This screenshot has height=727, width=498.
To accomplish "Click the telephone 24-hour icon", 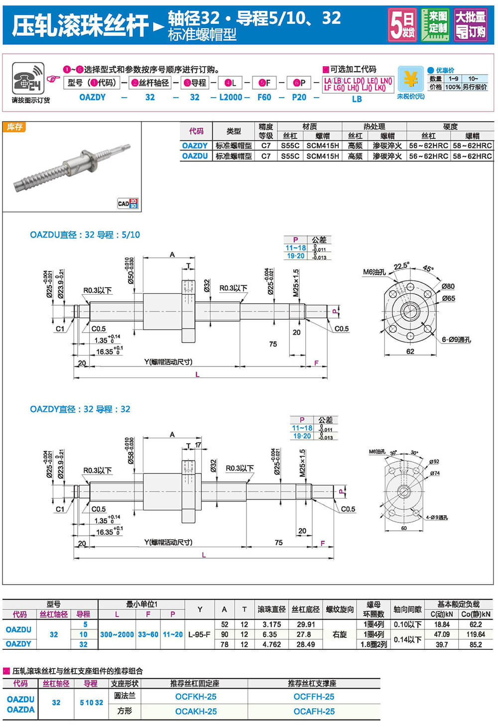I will pos(28,78).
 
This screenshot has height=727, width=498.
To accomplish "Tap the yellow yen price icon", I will pos(410,79).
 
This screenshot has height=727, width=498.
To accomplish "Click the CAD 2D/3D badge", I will pos(128,203).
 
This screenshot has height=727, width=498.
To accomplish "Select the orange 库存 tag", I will pos(14,127).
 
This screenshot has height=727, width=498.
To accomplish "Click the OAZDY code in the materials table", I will pos(195,145).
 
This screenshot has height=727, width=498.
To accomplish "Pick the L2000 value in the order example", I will pos(231,97).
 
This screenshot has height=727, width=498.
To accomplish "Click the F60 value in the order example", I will pos(264,97).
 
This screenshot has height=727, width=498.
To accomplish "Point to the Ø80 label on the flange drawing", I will pos(448,286).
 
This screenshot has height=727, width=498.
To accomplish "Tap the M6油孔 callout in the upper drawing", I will pos(374,272).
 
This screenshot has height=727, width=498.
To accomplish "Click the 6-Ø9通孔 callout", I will pos(456,340).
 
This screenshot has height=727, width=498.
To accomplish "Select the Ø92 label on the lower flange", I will pos(434,462).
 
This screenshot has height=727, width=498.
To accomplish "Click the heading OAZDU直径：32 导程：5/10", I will pos(85,235).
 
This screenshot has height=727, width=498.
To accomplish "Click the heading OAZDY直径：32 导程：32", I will pos(80,409).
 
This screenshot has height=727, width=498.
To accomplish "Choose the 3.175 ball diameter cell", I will pos(271,624).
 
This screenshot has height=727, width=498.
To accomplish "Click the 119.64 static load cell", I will pos(476,634).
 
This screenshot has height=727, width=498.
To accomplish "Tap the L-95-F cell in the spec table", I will pos(200,634).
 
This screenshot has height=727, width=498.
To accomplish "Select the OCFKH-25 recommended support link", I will pos(196,697).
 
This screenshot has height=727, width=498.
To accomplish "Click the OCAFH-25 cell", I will pos(314,711).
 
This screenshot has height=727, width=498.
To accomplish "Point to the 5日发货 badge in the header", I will pos(402,24).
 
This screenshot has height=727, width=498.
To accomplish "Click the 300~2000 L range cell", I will pos(117,634).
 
